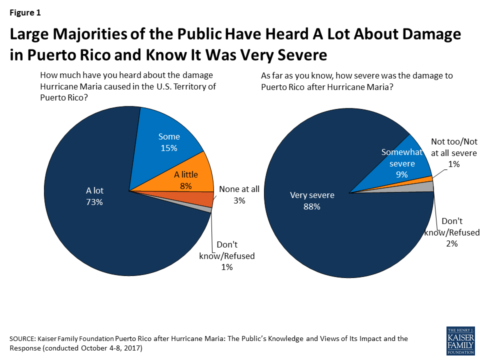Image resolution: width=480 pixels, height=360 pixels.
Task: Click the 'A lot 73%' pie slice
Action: pyautogui.click(x=95, y=210)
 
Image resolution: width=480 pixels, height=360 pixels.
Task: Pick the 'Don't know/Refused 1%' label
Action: pyautogui.click(x=227, y=256)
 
